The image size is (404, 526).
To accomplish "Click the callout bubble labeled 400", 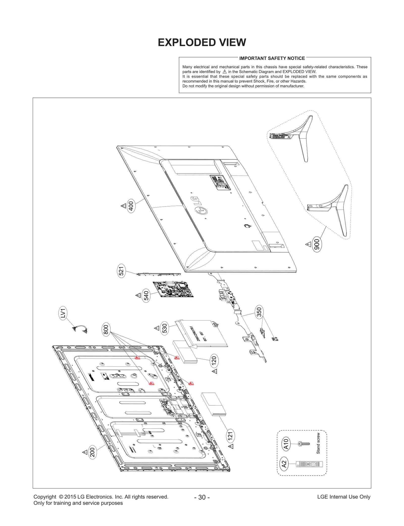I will pos(131,206).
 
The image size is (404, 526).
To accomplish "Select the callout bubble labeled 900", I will pos(317,244).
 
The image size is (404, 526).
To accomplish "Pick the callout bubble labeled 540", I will pos(146,296).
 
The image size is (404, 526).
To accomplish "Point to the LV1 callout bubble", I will pos(63,313).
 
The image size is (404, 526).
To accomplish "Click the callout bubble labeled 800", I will pos(106,330).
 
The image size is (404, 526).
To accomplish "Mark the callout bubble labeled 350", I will pos(259,312).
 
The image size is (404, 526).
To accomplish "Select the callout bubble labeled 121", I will pos(230,436).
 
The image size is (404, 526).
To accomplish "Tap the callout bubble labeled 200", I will pos(93,452).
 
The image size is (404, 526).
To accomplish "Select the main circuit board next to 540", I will pos(173,289).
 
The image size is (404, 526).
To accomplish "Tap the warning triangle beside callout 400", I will pos(123,206).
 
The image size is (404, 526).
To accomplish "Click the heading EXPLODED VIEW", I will pos(202,42).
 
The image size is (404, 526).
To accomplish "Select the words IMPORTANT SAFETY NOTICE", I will pos(272,58).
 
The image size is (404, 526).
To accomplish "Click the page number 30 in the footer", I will pos(202,497).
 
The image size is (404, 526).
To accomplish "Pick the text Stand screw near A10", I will pos(318,443).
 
